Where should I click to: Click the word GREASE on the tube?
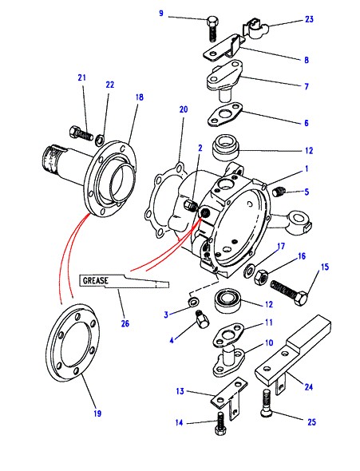[x=96, y=280]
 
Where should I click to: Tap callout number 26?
[x=125, y=323]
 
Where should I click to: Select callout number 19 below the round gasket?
[x=97, y=414]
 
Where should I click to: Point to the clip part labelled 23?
[x=255, y=28]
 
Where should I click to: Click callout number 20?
[x=184, y=109]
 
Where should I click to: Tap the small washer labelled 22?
[x=100, y=140]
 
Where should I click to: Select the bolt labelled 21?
[x=81, y=133]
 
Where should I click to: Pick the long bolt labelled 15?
[x=288, y=292]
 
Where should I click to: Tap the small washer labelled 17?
[x=249, y=270]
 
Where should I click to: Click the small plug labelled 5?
[x=279, y=191]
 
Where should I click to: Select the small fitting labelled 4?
[x=200, y=319]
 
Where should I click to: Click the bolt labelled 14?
[x=220, y=424]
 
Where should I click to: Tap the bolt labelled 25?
[x=266, y=403]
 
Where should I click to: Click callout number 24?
[x=309, y=387]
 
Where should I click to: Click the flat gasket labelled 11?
[x=229, y=334]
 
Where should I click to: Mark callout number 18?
[x=140, y=97]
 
